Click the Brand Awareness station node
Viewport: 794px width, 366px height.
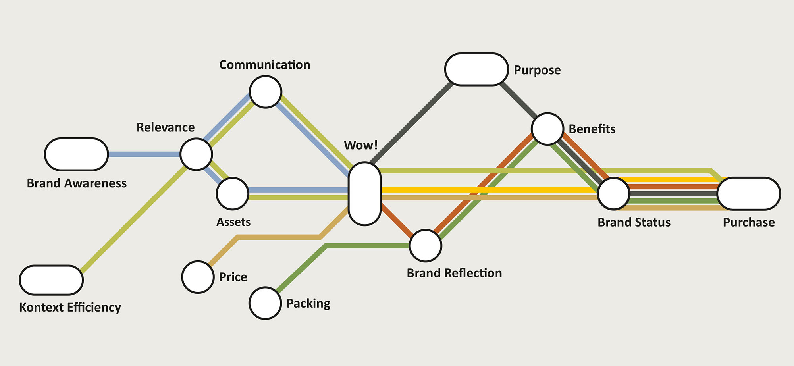76,154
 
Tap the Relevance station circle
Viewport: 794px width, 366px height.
196,154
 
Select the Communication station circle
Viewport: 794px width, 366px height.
266,92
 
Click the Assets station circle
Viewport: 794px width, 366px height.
232,194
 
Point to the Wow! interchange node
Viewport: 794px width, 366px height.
364,194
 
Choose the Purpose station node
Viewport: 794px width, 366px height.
476,69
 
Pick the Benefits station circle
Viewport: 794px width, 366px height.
547,129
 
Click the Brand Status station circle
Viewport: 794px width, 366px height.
614,194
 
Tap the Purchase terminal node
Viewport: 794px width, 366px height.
749,194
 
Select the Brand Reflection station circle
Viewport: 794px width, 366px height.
426,246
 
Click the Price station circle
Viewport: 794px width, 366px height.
198,277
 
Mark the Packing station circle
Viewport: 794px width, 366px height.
265,303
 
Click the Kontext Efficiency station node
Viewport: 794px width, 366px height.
51,280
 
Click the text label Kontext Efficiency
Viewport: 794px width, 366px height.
70,308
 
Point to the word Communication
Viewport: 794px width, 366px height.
264,65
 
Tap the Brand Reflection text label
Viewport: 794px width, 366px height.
454,273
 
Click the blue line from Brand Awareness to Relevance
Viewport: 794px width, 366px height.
144,154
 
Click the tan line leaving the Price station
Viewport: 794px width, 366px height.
278,237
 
